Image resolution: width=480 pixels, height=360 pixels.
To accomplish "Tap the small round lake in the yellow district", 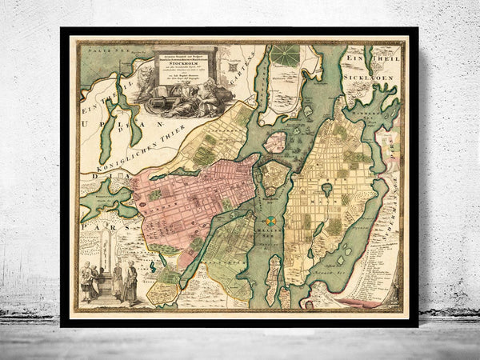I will coord(327,189).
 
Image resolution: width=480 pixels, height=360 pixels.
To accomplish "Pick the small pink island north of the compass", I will coord(275,142).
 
